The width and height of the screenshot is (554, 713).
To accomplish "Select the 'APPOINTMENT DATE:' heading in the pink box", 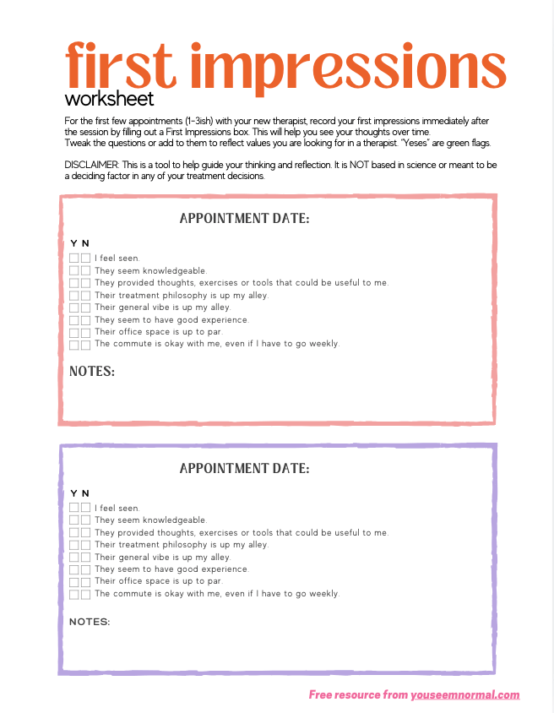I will pos(245,219).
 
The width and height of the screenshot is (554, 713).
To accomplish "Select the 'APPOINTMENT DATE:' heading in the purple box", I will pos(245,468).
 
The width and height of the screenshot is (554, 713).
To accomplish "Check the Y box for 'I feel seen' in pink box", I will pos(74,259).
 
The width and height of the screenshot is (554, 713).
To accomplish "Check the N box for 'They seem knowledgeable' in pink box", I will pos(86,271).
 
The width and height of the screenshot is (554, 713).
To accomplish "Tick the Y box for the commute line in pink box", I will pos(74,345).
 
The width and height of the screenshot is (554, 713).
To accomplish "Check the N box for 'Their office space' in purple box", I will pos(86,582).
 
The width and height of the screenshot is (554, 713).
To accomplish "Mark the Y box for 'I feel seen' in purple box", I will pos(74,509).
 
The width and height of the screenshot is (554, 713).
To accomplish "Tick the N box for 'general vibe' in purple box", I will pos(86,558).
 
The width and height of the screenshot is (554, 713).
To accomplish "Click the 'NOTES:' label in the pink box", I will pos(92,372).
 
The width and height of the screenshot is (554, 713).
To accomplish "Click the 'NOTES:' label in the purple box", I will pos(90,622).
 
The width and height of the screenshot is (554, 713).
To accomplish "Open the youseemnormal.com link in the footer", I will pos(465,695).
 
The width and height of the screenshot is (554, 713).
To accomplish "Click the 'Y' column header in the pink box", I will pos(73,243).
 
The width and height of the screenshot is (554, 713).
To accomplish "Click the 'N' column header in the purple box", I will pos(85,493).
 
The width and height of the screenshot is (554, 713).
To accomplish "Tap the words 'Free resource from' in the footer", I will pos(358,695).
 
